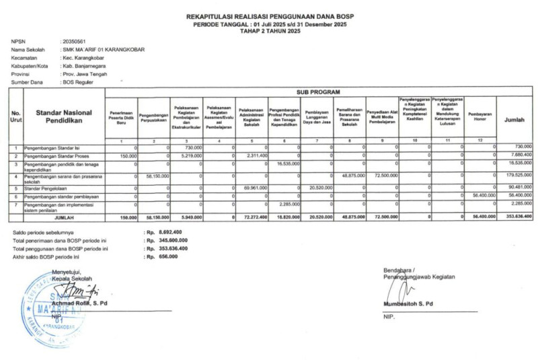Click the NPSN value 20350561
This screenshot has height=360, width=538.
pos(75,42)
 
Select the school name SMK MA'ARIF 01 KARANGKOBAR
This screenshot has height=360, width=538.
pos(103,50)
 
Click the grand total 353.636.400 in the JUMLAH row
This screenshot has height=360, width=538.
pos(518,216)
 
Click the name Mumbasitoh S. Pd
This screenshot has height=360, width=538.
pos(408,303)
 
